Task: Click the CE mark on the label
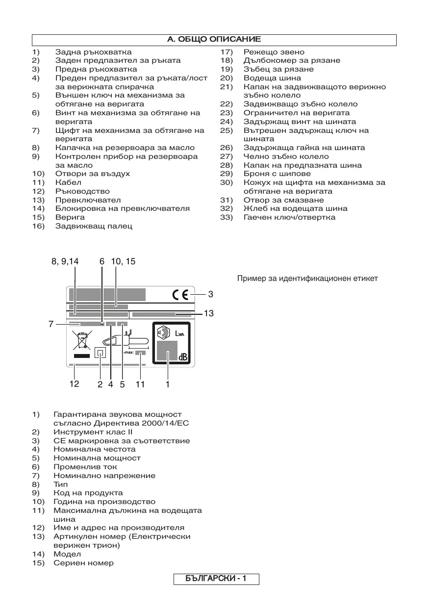(180, 295)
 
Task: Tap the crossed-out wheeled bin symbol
(81, 340)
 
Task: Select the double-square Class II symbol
(100, 354)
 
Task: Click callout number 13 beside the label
(209, 313)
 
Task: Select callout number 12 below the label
(74, 384)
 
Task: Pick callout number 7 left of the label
(50, 324)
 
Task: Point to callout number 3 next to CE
(210, 294)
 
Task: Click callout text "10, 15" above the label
(123, 262)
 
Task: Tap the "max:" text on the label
(128, 352)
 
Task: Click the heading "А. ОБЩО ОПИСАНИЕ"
(214, 39)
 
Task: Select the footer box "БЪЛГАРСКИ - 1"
(216, 579)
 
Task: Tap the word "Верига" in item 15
(70, 217)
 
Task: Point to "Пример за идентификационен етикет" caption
(307, 279)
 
